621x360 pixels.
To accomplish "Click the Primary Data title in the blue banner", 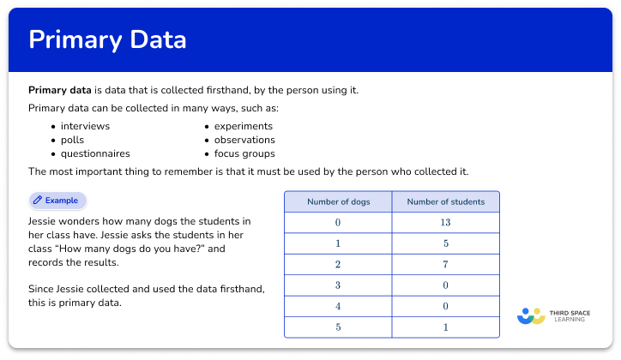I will pos(107,40).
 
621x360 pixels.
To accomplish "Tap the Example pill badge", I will pos(57,200).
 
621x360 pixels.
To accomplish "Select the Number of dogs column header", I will pos(338,201).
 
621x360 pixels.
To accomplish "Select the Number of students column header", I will pos(445,201).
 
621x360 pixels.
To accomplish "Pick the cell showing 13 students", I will pos(445,223).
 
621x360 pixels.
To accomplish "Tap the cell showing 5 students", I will pos(445,244).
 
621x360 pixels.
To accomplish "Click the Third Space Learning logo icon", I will pos(532,316).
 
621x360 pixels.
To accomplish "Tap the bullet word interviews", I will pos(85,125).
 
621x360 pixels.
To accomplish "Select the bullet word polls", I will pos(72,140).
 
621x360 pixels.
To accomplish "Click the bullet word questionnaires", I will pos(95,153).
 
